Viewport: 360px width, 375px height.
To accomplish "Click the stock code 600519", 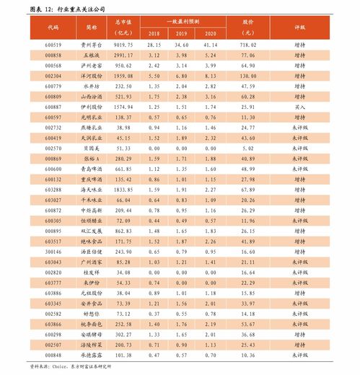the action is [53, 45].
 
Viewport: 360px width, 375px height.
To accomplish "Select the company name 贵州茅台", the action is [92, 45].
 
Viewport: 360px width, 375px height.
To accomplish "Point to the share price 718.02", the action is [249, 45].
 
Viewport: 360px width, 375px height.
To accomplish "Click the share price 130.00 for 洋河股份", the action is [249, 75].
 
